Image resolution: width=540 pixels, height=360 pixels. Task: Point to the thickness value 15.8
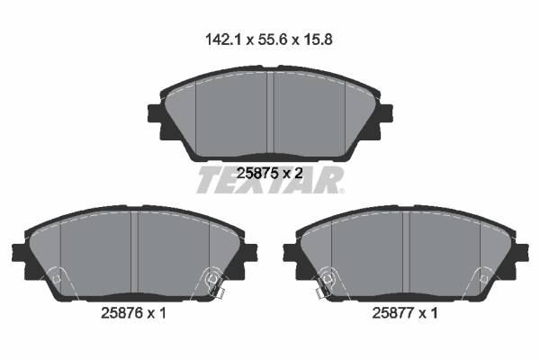click(x=318, y=40)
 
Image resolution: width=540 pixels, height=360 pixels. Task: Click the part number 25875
click(x=256, y=173)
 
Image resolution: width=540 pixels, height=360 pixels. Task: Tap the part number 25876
click(x=121, y=313)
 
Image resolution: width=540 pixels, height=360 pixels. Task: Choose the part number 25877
click(x=392, y=313)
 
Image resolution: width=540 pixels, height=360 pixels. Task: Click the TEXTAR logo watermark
click(x=270, y=180)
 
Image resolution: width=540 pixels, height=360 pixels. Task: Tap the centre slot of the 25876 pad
click(x=134, y=252)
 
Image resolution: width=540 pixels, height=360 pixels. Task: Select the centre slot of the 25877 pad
click(x=406, y=252)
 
